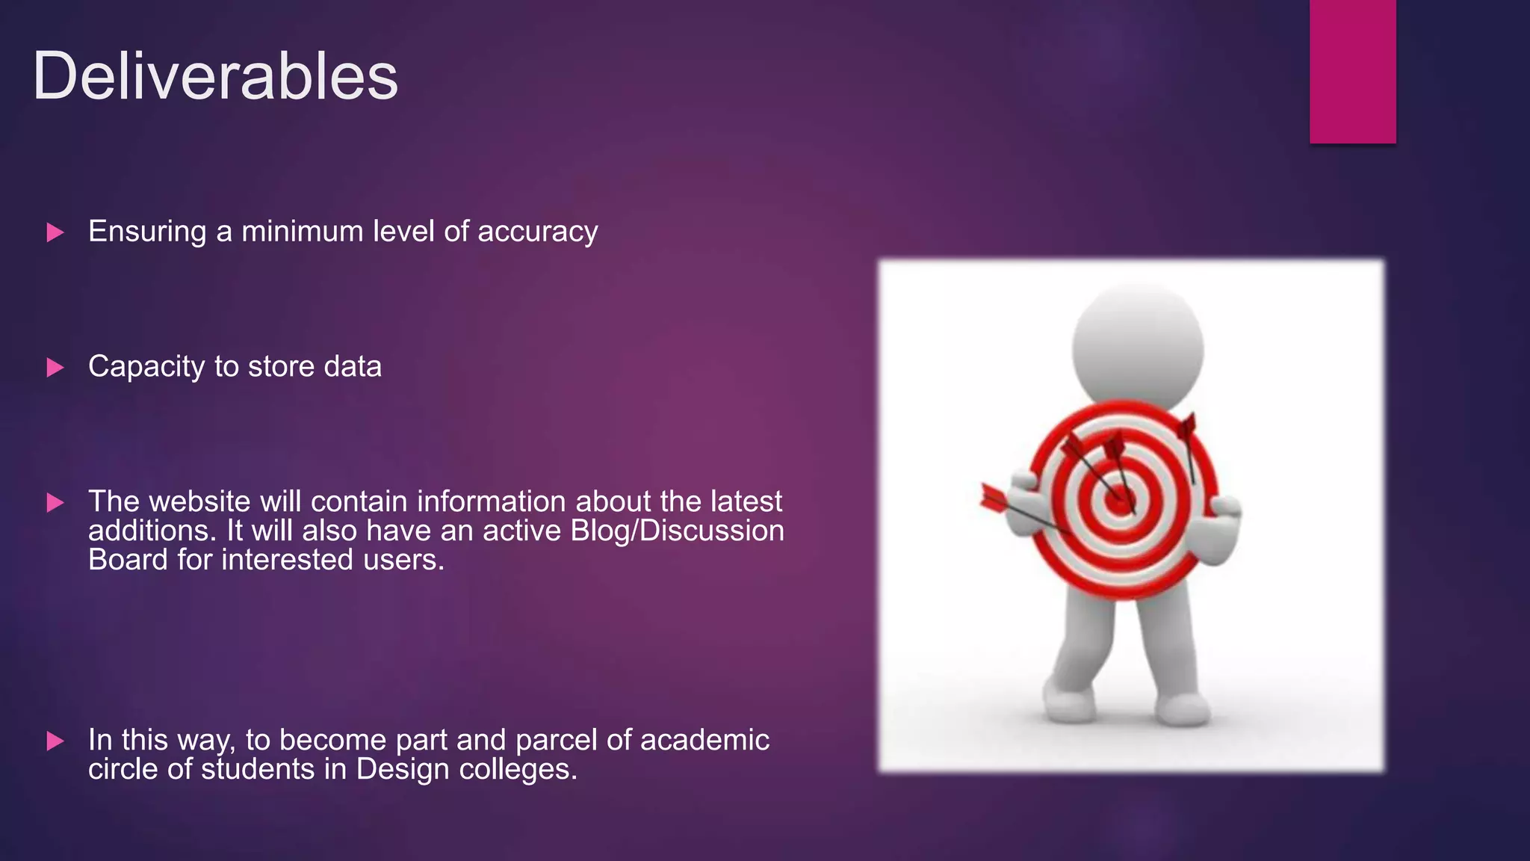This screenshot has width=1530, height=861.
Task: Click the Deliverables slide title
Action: pos(215,76)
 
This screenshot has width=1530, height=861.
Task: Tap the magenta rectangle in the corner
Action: pos(1352,71)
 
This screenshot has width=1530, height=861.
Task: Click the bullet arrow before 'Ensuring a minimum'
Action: pos(55,232)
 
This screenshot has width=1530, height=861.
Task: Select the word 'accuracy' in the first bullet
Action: pos(538,232)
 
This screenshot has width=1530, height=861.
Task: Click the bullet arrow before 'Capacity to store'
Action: pos(55,368)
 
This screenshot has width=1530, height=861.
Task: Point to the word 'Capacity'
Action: pos(146,368)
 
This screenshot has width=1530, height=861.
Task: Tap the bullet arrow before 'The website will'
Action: pos(55,502)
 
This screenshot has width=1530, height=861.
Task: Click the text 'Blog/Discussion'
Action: pos(677,531)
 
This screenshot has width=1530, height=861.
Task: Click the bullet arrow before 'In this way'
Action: pos(55,741)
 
